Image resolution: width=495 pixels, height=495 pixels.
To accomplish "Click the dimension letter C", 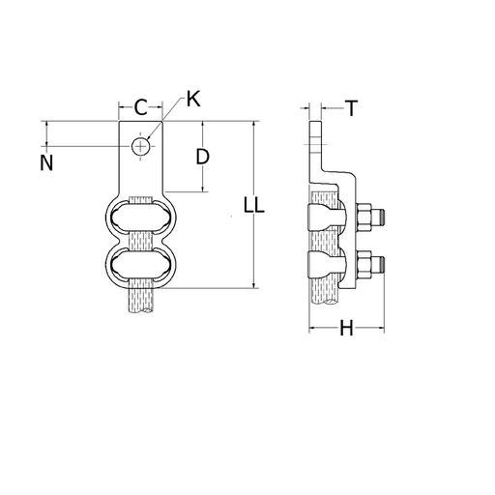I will (140, 105).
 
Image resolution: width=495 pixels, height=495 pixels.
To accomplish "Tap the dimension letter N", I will (46, 162).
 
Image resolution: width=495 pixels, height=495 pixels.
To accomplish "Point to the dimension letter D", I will (203, 156).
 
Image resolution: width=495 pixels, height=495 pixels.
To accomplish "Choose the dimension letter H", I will (345, 330).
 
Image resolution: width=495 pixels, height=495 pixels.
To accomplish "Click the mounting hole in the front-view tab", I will (142, 146).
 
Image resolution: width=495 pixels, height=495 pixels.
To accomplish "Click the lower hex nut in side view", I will (366, 263).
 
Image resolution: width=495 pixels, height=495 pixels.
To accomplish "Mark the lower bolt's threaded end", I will (382, 263).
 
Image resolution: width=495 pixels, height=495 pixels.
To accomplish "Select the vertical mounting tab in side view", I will (314, 145).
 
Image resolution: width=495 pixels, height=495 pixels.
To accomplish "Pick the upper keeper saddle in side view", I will (324, 218).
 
